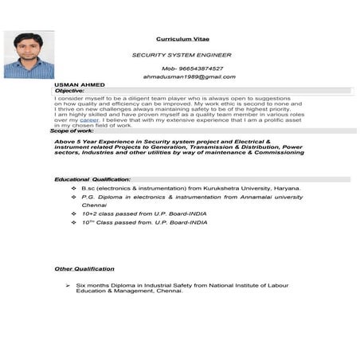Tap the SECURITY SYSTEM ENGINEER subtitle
[181, 55]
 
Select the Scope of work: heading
[74, 130]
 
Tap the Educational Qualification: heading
[92, 179]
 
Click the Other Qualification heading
[85, 268]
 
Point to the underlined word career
[90, 119]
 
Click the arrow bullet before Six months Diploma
[69, 284]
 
